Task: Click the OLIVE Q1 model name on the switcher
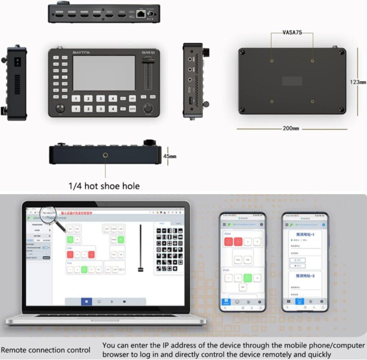pos(147,52)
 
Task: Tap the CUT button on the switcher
pos(133,98)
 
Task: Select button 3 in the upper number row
pos(100,98)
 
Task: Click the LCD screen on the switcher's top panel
pos(104,73)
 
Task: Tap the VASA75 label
pos(292,32)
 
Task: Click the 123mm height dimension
pos(358,82)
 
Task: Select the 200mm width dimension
pos(291,129)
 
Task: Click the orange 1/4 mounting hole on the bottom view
pos(106,155)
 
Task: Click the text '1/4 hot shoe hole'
pos(104,186)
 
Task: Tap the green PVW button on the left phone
pos(247,278)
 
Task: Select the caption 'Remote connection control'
pos(46,350)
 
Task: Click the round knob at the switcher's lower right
pos(148,108)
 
